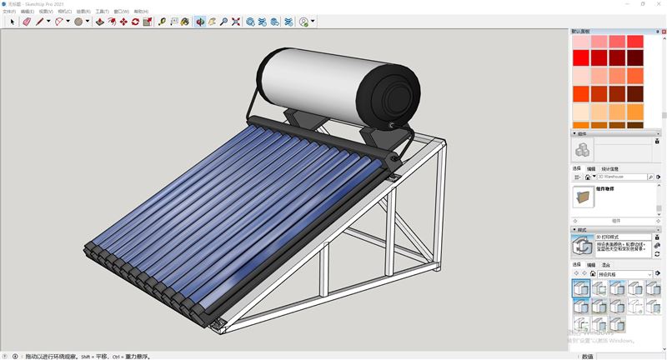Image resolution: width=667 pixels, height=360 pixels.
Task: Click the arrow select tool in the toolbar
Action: [13, 22]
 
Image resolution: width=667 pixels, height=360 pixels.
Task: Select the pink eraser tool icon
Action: [27, 22]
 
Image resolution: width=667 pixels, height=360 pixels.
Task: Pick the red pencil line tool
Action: [39, 22]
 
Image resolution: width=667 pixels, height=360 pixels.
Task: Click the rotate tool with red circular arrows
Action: [135, 22]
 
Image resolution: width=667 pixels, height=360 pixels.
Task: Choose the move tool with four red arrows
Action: [123, 22]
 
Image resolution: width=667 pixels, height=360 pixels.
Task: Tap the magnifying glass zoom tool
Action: [223, 22]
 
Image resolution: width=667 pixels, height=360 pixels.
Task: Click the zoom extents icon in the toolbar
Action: [236, 22]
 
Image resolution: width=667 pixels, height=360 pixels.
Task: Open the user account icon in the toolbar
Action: [303, 22]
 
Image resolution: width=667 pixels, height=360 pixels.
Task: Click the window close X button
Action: [657, 4]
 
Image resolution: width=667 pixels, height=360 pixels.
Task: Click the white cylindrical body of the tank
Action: [308, 79]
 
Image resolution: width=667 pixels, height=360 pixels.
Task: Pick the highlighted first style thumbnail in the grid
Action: [580, 287]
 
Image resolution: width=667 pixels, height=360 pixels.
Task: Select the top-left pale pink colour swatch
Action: [580, 41]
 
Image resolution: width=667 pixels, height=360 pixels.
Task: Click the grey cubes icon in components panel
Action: [583, 150]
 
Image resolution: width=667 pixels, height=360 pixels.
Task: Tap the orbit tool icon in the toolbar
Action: [199, 22]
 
